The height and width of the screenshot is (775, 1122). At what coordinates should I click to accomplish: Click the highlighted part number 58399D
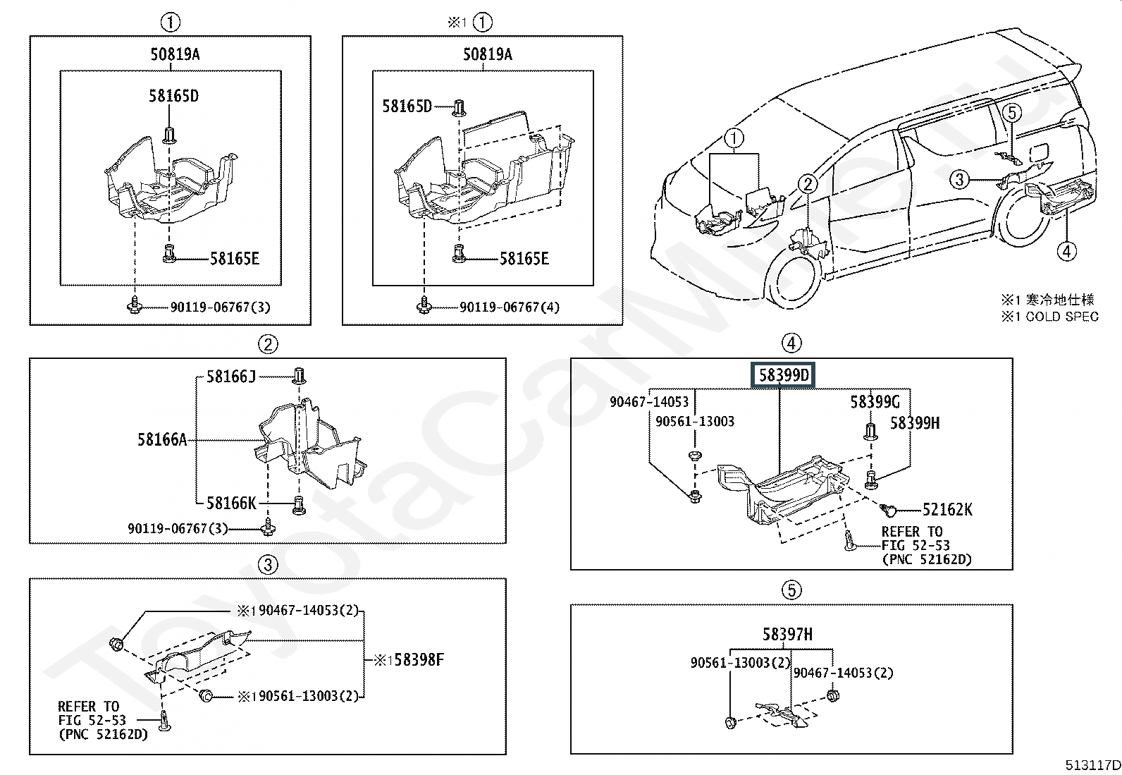[x=784, y=375]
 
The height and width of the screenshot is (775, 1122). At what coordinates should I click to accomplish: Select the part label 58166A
[x=162, y=439]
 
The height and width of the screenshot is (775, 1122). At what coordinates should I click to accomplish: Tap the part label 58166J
[x=231, y=377]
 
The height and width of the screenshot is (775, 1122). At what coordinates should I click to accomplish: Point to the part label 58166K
[x=231, y=503]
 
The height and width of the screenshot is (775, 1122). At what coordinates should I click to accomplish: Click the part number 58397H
[x=787, y=634]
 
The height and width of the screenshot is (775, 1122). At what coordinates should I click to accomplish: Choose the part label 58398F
[x=419, y=660]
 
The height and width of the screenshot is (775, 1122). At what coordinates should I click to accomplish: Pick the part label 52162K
[x=947, y=510]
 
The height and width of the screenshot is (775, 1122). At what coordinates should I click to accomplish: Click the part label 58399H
[x=915, y=423]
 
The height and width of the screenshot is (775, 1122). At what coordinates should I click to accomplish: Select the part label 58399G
[x=875, y=401]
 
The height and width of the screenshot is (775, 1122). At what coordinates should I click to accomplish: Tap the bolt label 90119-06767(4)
[x=510, y=307]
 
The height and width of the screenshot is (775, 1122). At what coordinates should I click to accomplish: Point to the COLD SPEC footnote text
[x=1062, y=317]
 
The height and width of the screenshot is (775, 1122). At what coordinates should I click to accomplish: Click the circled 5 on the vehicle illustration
[x=1012, y=113]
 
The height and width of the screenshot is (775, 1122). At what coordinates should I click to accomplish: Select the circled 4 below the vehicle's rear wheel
[x=1066, y=251]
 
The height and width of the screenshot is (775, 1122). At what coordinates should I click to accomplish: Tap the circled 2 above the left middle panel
[x=268, y=344]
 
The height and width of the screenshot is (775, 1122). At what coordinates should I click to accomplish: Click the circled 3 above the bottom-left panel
[x=268, y=566]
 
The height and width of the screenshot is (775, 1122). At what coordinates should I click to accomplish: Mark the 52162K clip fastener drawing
[x=889, y=511]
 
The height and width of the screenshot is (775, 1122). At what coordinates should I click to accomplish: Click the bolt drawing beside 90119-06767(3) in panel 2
[x=269, y=528]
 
